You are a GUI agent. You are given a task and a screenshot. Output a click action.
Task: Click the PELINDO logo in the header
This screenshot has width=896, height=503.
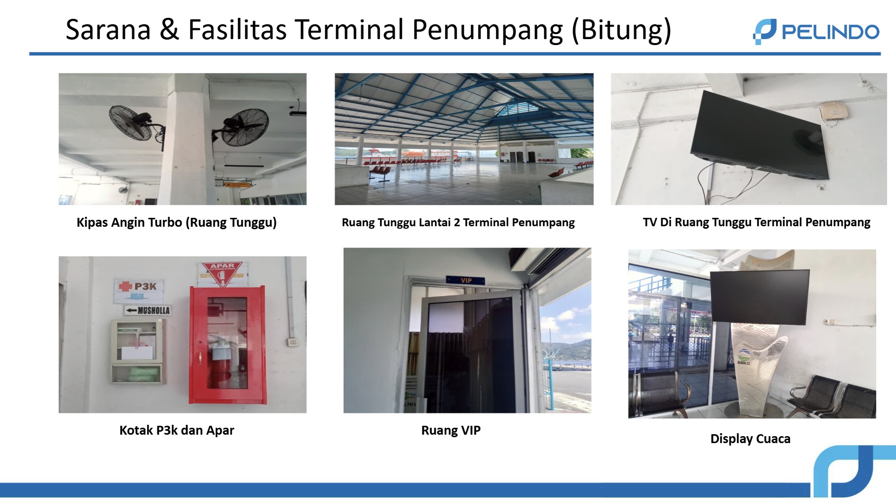[x=816, y=32]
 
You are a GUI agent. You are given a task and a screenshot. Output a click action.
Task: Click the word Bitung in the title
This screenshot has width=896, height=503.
[x=621, y=30]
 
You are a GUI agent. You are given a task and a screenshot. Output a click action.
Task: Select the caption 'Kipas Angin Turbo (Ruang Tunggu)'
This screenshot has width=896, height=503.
[x=176, y=222]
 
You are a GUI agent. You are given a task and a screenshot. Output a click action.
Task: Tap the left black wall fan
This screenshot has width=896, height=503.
[x=131, y=122]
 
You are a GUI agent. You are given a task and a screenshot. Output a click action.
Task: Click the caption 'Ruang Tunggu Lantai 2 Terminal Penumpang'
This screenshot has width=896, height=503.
[x=458, y=222]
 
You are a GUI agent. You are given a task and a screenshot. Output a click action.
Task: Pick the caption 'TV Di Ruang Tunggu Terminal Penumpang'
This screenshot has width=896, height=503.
[x=756, y=222]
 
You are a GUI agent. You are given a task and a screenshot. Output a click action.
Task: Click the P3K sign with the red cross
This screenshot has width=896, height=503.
[x=139, y=287]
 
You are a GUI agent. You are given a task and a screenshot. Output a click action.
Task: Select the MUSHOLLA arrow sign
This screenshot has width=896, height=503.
[x=148, y=310]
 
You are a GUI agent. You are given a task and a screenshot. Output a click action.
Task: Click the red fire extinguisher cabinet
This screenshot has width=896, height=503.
[x=227, y=345]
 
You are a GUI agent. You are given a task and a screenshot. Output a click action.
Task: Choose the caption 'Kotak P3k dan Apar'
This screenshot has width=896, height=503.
[x=177, y=430]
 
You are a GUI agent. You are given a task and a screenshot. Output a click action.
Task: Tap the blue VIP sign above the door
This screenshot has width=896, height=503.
[x=465, y=280]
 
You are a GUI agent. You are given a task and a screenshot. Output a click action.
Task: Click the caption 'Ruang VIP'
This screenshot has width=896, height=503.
[x=450, y=430]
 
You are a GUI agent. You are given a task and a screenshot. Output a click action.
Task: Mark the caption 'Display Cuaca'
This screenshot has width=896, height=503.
[x=750, y=439]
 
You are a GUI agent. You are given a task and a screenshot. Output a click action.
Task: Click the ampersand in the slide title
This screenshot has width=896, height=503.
[x=169, y=30]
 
